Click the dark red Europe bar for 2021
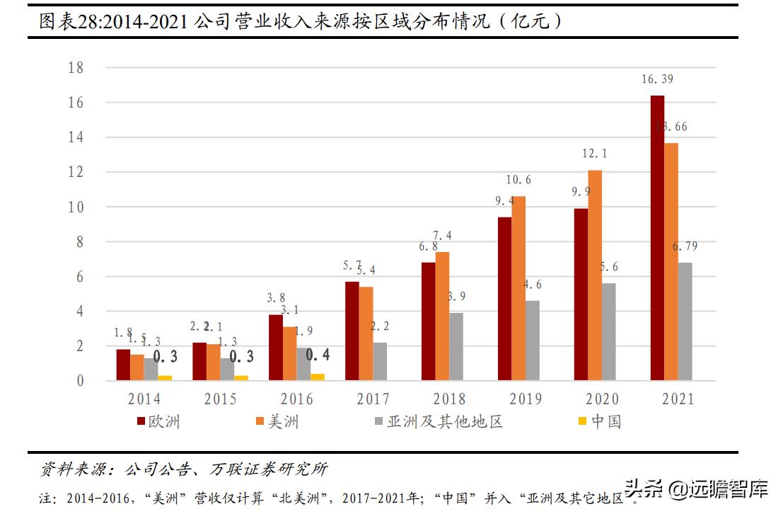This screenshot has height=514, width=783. tap(657, 238)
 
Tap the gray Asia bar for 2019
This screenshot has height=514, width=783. tap(533, 341)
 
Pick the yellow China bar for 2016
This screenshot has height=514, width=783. tap(318, 377)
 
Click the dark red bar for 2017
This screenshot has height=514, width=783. tap(352, 331)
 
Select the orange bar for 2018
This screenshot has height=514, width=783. tap(442, 316)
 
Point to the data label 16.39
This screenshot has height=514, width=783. tap(657, 79)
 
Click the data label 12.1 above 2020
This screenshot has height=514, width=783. tap(595, 154)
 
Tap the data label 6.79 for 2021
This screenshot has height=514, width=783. tap(686, 247)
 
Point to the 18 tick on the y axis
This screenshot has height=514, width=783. tap(76, 68)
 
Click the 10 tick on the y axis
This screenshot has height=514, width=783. tap(76, 207)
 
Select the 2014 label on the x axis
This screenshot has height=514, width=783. tap(144, 399)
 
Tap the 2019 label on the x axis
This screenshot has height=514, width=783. tap(525, 399)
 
